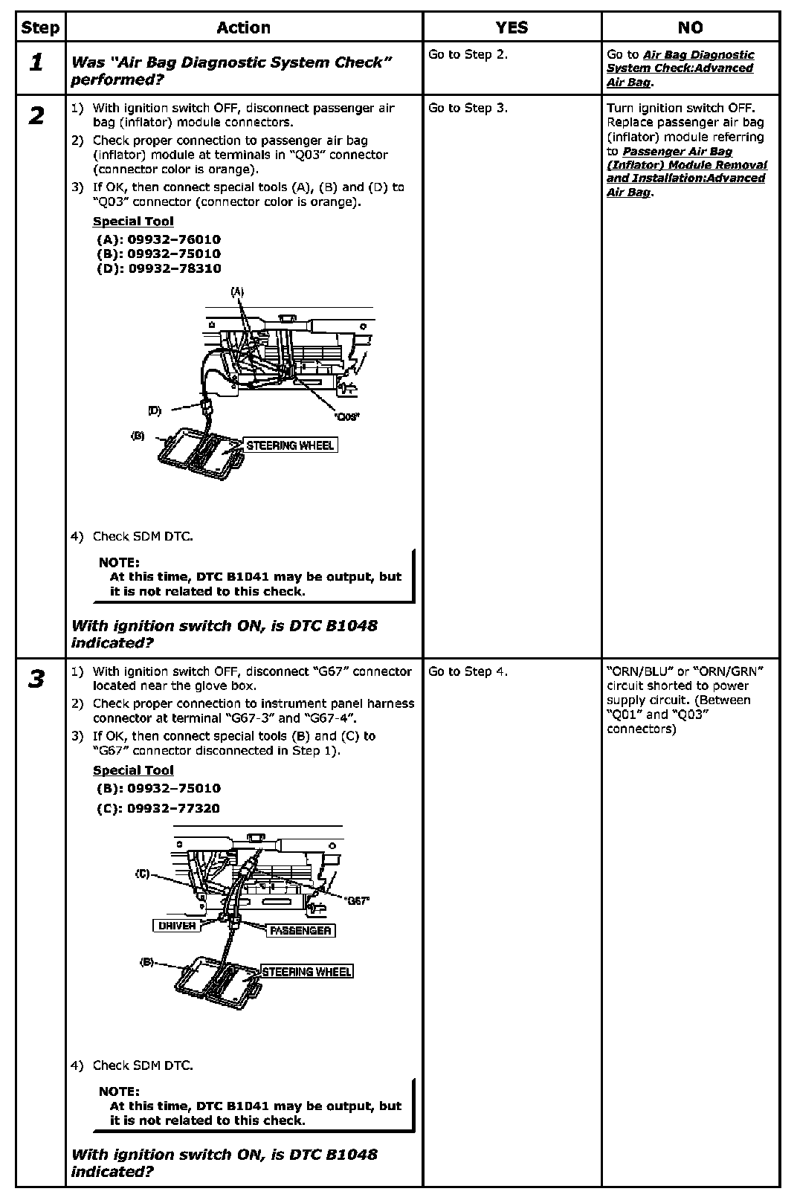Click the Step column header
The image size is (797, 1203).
point(40,28)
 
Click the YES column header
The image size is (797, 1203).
point(512,28)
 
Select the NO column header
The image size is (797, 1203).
point(690,28)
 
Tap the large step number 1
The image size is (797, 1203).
point(36,62)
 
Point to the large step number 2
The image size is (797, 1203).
point(36,116)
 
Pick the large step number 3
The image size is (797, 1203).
point(36,679)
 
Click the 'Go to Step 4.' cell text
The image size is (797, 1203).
point(468,671)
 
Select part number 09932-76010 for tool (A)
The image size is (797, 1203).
point(174,239)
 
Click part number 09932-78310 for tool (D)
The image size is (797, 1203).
point(174,268)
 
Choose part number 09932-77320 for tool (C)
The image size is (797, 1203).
point(174,808)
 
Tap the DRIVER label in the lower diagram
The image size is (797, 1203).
point(177,926)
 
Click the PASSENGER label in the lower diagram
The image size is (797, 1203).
point(300,930)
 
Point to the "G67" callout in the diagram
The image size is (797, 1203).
point(357,900)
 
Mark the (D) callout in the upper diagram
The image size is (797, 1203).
point(155,410)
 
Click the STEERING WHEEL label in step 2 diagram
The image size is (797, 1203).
point(290,445)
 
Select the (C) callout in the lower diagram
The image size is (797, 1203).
point(143,874)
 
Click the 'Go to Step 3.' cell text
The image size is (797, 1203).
point(468,108)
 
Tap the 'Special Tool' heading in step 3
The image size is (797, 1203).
point(133,770)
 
